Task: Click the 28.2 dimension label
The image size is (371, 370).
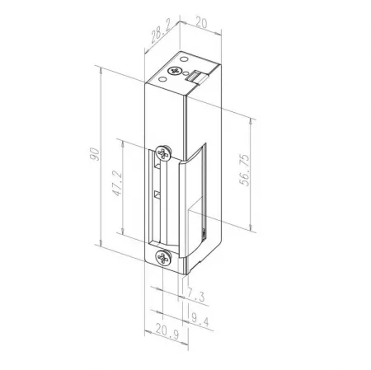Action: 161,31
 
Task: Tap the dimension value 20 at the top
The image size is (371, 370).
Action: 201,22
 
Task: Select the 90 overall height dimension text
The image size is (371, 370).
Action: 94,154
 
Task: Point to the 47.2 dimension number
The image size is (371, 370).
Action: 117,183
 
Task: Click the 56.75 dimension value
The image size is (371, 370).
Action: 244,170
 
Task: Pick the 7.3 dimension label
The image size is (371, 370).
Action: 196,296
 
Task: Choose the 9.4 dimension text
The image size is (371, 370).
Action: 200,320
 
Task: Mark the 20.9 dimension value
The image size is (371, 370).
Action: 167,330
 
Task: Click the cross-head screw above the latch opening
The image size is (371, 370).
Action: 163,152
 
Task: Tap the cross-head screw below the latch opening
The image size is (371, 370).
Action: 163,257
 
